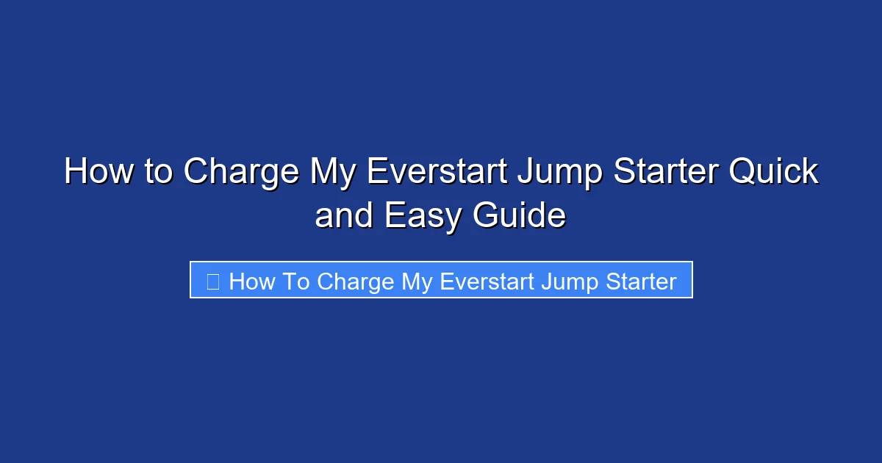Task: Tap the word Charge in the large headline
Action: [x=240, y=172]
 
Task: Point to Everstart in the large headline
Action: [x=437, y=172]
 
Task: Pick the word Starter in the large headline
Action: [x=667, y=172]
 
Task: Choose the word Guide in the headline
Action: [x=519, y=216]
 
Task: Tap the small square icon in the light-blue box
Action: [x=213, y=281]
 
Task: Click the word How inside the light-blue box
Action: [x=252, y=281]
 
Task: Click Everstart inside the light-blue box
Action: [x=486, y=281]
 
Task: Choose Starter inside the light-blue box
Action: [x=639, y=281]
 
